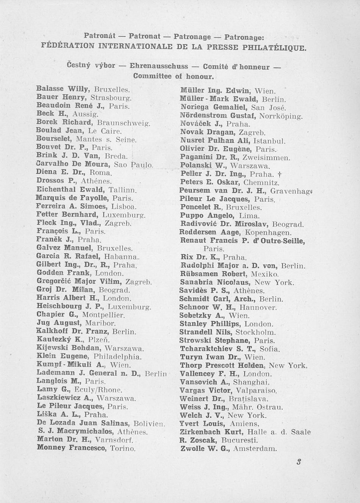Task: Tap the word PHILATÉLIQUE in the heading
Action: [274, 48]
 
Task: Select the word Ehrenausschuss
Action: [159, 66]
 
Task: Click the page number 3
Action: [299, 462]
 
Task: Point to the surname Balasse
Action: [50, 89]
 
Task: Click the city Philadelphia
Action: [117, 357]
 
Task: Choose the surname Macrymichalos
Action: [85, 431]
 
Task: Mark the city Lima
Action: [249, 216]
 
